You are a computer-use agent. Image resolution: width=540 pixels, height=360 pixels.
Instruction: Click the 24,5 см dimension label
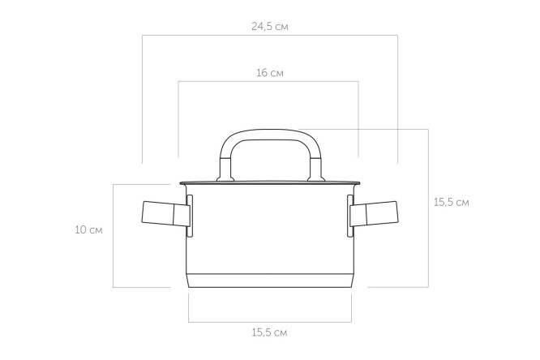(270, 27)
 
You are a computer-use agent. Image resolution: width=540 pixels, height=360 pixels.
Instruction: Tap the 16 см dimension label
(270, 73)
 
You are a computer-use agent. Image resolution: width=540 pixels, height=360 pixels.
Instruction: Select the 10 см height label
(89, 229)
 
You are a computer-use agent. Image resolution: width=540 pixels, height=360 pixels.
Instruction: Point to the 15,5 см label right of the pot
(451, 202)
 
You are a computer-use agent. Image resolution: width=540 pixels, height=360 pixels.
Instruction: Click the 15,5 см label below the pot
(269, 332)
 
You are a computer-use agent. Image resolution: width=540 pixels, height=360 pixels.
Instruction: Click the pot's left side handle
(165, 213)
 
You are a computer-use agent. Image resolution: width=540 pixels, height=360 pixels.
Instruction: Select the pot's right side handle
(375, 213)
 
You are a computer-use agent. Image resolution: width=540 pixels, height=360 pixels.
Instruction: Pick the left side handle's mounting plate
(190, 216)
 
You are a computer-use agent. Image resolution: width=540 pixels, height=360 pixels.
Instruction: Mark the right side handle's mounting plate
(350, 216)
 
